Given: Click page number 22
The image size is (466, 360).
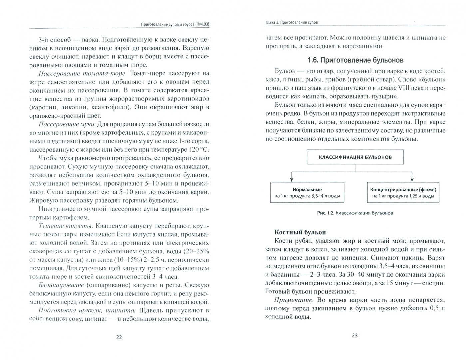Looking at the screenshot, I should tap(119, 337).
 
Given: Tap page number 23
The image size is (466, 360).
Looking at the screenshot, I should tap(354, 335).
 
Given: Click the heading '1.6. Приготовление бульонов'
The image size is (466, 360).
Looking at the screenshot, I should tap(355, 60).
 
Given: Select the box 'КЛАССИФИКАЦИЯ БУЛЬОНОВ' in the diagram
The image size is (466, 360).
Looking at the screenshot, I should tap(355, 157).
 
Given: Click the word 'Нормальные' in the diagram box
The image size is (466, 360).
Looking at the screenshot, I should tap(307, 189).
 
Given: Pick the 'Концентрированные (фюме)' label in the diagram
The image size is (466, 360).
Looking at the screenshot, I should tap(403, 189).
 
